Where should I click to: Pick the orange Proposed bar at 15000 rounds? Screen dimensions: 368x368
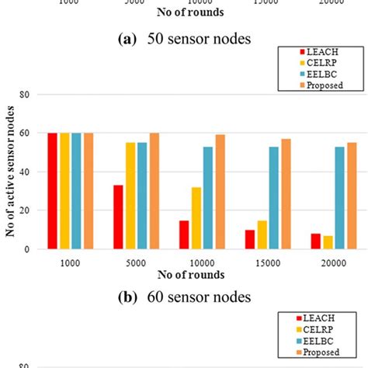[286, 194]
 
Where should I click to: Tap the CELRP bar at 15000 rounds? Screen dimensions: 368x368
[262, 234]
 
